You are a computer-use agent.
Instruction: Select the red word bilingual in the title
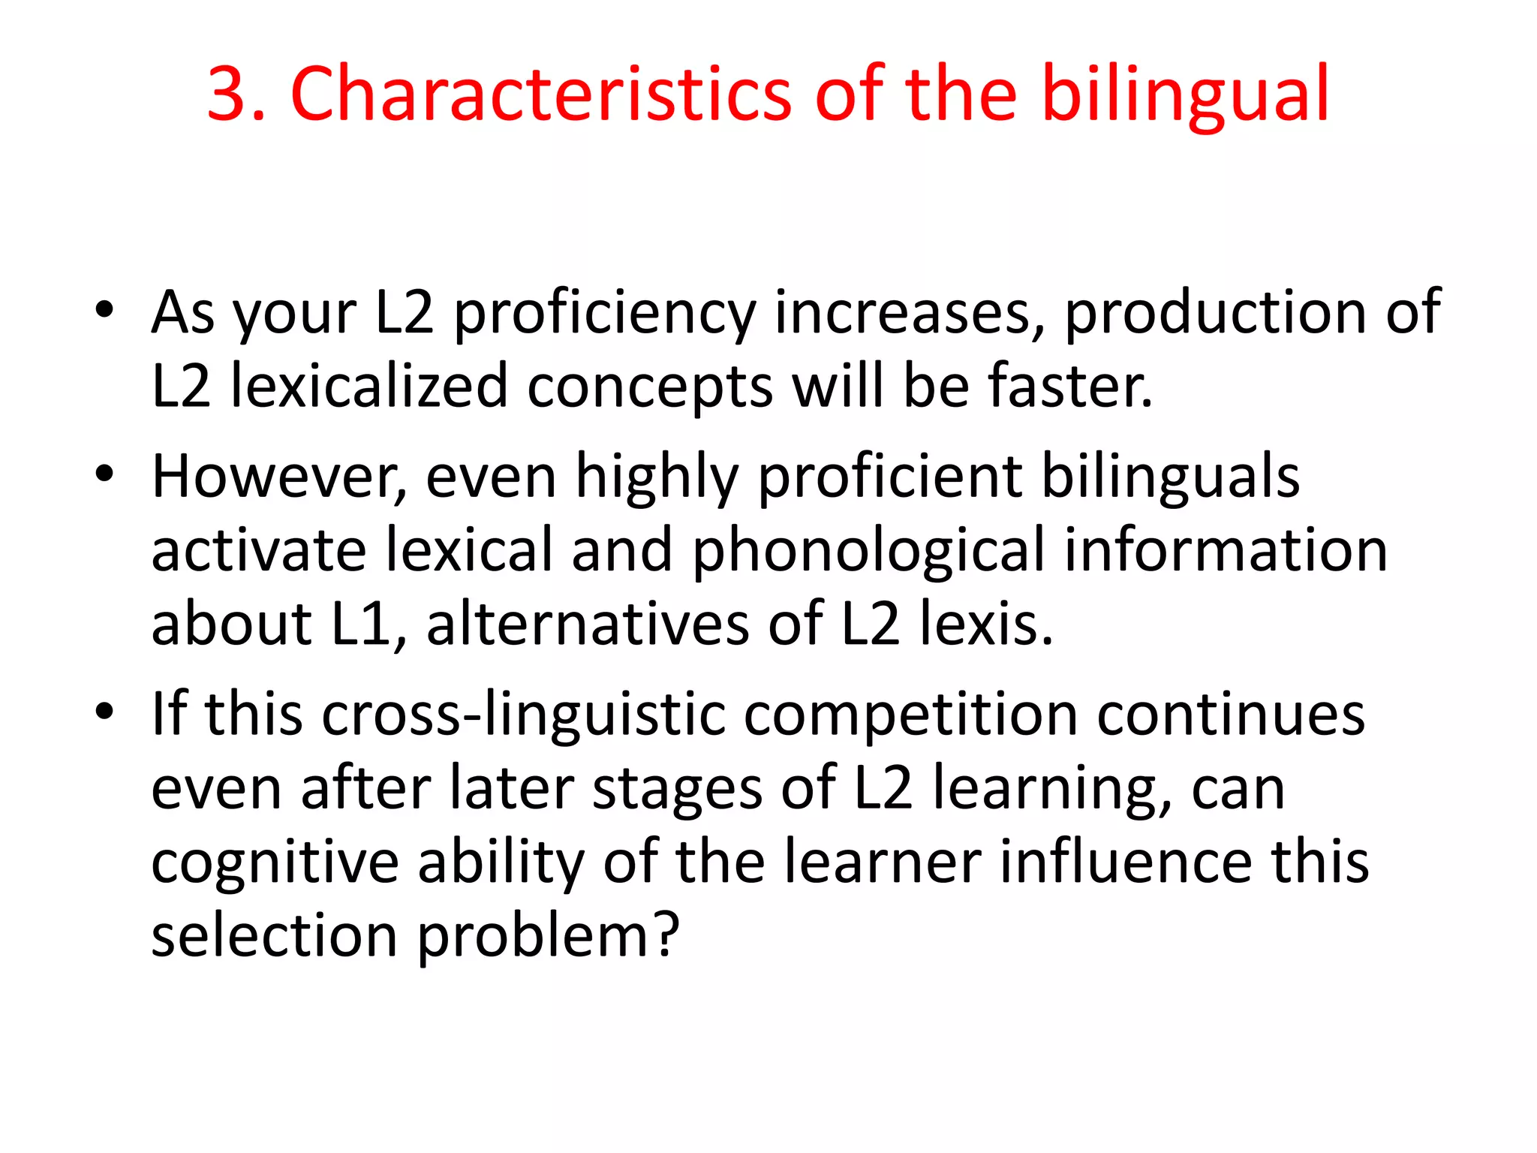click(x=1187, y=96)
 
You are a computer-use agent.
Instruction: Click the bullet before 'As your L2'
click(x=105, y=309)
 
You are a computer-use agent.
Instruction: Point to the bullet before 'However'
click(x=105, y=474)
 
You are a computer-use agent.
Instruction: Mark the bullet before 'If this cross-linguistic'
click(x=105, y=711)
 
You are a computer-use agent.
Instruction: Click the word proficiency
click(x=605, y=314)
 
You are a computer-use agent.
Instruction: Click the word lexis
click(x=986, y=625)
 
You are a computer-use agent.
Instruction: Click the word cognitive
click(x=275, y=863)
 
